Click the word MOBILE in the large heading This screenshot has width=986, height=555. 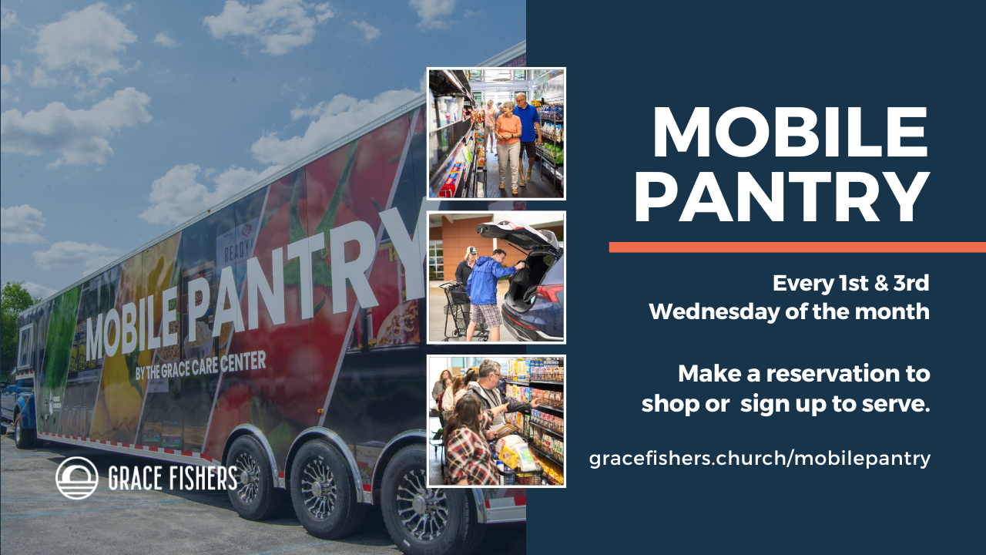coord(790,133)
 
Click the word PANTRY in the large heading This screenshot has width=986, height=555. coord(782,197)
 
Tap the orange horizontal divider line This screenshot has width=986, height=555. coord(797,247)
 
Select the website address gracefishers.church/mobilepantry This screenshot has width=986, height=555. coord(760,459)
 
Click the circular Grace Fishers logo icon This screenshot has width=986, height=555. coord(76,478)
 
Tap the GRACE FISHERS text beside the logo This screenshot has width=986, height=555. coord(173,478)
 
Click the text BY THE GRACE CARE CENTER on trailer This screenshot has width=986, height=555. coord(201,365)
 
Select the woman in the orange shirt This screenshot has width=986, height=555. coord(508,147)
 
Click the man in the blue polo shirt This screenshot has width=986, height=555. coord(527,136)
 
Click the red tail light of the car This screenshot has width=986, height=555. coord(549,293)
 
